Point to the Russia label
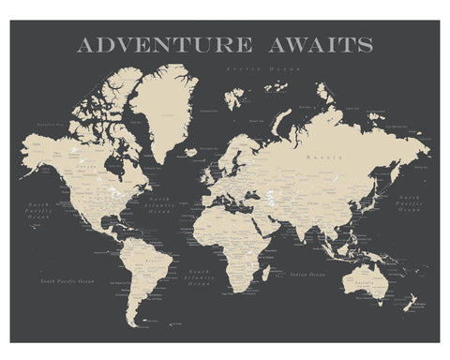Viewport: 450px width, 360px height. click(327, 158)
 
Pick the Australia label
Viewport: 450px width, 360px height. click(375, 279)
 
